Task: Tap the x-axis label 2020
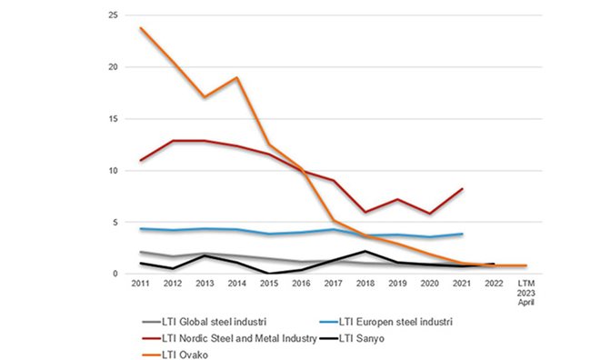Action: (429, 284)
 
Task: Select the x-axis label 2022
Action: (494, 284)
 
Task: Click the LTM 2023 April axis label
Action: (526, 293)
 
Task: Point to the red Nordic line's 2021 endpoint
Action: (462, 189)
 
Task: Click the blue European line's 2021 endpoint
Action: (462, 234)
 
